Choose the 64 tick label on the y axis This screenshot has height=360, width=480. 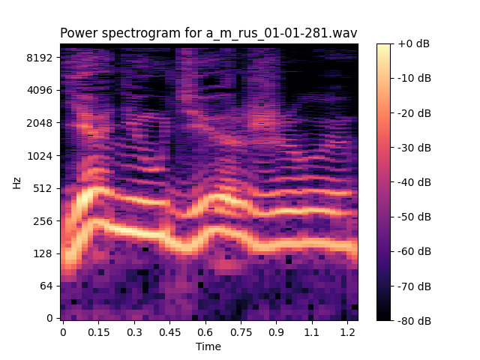coord(46,286)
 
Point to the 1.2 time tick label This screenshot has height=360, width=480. coord(347,331)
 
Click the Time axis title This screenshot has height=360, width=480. coord(208,346)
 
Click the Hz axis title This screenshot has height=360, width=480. coord(16,182)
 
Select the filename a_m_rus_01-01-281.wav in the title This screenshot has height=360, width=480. coord(283,34)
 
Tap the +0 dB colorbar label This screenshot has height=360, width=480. coord(413,43)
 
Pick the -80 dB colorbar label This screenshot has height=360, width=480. coord(413,320)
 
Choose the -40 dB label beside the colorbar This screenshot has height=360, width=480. coord(413,182)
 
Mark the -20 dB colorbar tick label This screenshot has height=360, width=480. coord(413,113)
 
